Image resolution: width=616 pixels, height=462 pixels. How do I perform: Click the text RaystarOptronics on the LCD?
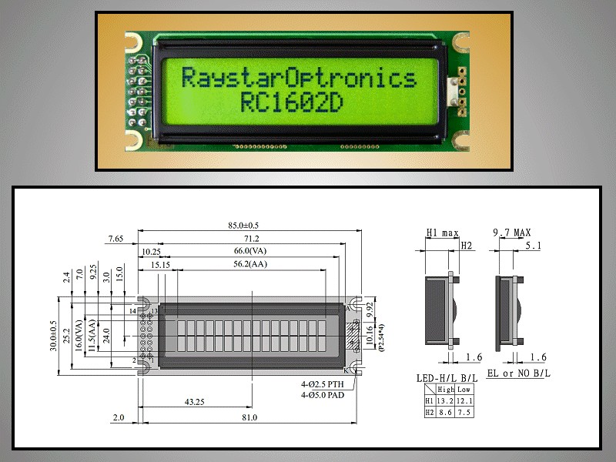(x=298, y=78)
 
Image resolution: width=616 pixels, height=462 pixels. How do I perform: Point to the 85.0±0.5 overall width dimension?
(x=250, y=226)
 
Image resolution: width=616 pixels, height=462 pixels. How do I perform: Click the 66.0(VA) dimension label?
(x=252, y=251)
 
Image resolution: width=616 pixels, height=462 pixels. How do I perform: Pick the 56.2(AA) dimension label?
(x=252, y=264)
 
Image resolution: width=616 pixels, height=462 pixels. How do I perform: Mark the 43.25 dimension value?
(x=195, y=402)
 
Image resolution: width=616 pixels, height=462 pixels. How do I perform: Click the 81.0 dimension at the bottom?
(x=249, y=417)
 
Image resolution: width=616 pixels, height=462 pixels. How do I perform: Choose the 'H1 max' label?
(x=443, y=232)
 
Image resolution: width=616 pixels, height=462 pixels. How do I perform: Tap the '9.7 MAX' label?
(x=512, y=232)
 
